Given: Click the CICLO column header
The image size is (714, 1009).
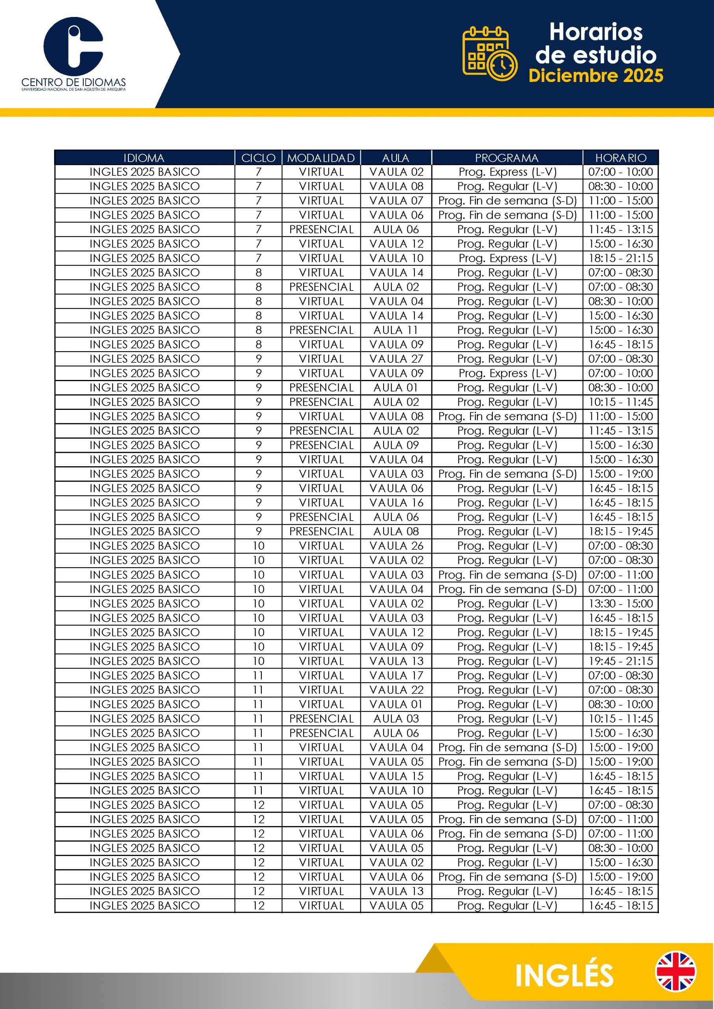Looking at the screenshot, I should tap(258, 158).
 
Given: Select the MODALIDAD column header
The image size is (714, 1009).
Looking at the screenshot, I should tap(321, 158).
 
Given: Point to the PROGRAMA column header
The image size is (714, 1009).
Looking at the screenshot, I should tap(507, 158).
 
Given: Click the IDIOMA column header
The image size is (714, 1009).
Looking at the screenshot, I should tap(144, 158).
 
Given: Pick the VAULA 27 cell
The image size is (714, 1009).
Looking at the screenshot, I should tap(396, 359).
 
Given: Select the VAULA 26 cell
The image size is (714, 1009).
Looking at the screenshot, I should tap(396, 546).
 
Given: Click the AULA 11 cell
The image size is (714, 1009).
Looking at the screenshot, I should tap(396, 330).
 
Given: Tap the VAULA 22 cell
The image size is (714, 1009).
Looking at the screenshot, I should tap(396, 690).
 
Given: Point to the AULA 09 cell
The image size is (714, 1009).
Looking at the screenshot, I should tap(396, 445).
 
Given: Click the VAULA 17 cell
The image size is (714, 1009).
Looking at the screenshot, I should tap(396, 676).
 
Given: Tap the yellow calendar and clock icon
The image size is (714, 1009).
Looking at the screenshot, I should tap(489, 54).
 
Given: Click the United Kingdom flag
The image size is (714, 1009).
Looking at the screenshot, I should tap(675, 972).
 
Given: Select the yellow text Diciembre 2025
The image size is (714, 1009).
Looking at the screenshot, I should tap(596, 76).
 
